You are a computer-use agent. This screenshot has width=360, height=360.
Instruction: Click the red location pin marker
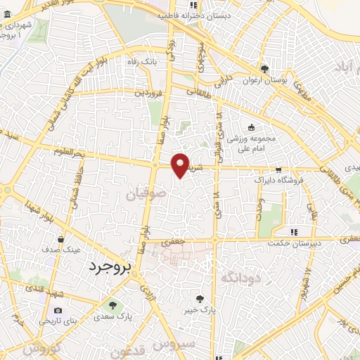coord(181,165)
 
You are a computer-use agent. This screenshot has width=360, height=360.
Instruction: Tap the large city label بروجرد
coord(110,267)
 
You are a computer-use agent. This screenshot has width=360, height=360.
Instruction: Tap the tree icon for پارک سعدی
coord(112,304)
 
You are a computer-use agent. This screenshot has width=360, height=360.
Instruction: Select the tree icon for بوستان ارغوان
coord(264,69)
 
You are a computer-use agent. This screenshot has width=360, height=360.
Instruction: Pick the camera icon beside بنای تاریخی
coord(57,310)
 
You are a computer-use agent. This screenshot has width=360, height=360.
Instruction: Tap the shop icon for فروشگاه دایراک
coord(279,169)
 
